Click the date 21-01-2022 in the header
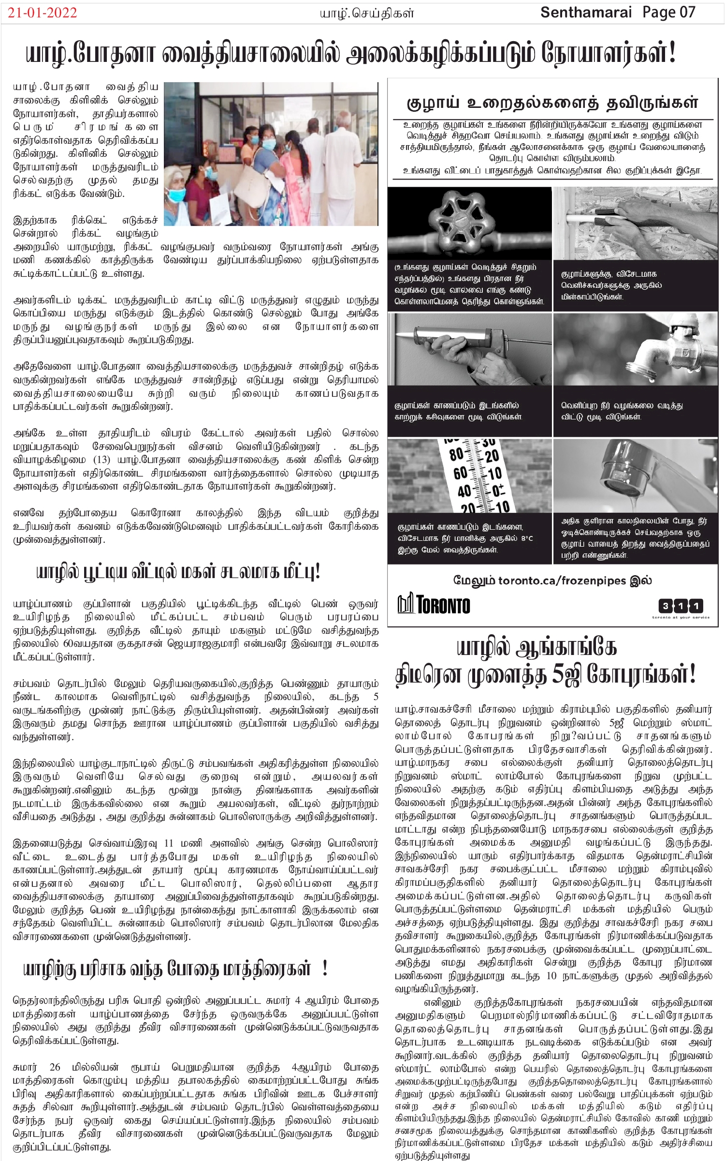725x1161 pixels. pyautogui.click(x=43, y=13)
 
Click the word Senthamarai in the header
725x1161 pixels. pyautogui.click(x=585, y=13)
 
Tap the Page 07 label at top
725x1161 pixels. pyautogui.click(x=669, y=13)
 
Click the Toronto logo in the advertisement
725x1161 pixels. pyautogui.click(x=434, y=604)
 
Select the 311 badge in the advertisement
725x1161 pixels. pyautogui.click(x=681, y=605)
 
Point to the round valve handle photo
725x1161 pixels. pyautogui.click(x=469, y=223)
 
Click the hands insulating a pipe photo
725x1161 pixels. pyautogui.click(x=635, y=223)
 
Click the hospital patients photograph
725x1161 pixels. pyautogui.click(x=271, y=154)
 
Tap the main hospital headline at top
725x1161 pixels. pyautogui.click(x=350, y=54)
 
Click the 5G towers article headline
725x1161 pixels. pyautogui.click(x=546, y=661)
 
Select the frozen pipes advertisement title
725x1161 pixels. pyautogui.click(x=552, y=103)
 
